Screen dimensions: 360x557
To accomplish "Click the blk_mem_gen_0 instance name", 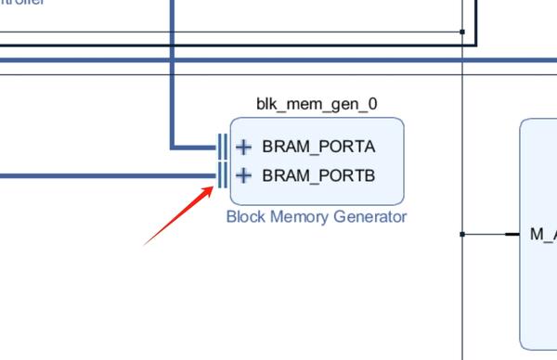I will (317, 104).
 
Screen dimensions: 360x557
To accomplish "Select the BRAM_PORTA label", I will (318, 147).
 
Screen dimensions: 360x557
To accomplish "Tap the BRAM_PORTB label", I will (318, 174).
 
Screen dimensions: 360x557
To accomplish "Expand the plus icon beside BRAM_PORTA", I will (243, 147).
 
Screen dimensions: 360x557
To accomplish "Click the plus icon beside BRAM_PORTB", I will (243, 174).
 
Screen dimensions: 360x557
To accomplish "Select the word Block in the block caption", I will (245, 217).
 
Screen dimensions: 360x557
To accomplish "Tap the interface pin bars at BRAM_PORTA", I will (223, 147).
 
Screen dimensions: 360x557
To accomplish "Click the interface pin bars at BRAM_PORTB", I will (223, 174).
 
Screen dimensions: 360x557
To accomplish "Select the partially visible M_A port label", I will (542, 235).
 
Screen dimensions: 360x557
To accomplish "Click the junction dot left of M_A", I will (462, 235).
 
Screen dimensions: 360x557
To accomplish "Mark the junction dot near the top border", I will (462, 32).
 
